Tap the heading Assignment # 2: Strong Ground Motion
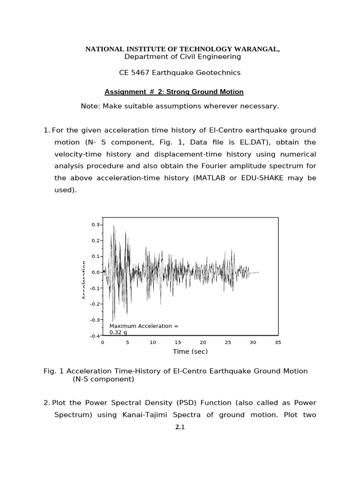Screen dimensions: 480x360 tap(174, 92)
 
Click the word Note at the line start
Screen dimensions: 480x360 tap(90, 106)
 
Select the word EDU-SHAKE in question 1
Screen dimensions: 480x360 tap(265, 179)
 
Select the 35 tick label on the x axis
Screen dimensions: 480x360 tap(278, 343)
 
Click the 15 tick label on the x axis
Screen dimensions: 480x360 tap(178, 343)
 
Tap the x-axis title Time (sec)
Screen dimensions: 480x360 tap(190, 352)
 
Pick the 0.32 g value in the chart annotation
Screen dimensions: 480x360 tap(118, 332)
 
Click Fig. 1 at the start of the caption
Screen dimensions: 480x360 tap(53, 371)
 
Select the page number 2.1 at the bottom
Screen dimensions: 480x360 tap(180, 427)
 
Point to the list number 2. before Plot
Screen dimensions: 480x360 tap(46, 403)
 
